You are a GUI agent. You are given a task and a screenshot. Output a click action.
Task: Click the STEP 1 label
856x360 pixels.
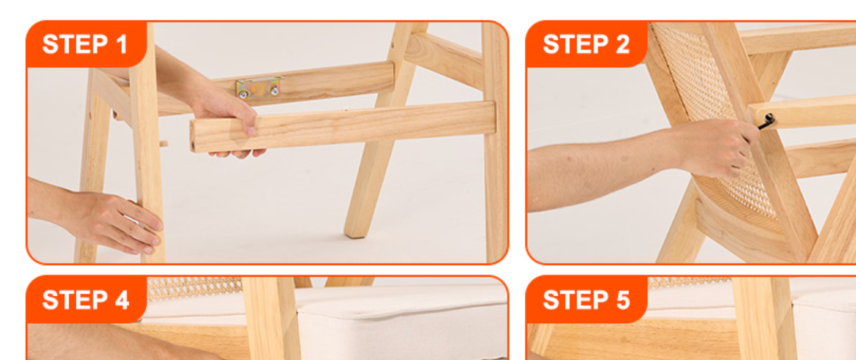pos(85,44)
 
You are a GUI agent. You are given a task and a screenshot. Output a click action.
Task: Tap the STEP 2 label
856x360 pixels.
pos(586,44)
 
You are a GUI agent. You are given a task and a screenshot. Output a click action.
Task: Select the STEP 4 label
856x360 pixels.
pos(86,299)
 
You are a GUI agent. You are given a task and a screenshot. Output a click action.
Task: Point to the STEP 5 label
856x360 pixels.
pos(586,299)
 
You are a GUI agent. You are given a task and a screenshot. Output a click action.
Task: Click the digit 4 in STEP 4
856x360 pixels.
pos(122,299)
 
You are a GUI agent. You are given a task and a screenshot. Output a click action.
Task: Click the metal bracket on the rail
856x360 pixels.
pos(259,88)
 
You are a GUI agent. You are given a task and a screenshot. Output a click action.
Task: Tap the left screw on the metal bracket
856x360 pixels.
pos(243,94)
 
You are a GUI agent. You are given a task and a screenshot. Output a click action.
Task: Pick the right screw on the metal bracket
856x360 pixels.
pos(274,91)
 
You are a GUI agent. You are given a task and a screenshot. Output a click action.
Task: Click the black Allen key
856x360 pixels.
pos(767,121)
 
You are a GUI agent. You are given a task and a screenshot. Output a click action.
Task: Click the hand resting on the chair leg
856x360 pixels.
pos(115,222)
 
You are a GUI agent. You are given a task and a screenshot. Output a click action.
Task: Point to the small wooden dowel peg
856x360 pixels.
pos(163,144)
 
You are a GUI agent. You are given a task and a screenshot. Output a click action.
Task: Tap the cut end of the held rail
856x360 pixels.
pos(193,136)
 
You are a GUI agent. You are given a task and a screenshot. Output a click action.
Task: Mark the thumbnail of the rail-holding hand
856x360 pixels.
pos(250,131)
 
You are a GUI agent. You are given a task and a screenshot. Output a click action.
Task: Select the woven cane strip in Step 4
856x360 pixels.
pos(194,289)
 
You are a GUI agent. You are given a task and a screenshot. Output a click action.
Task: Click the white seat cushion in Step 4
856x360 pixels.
pos(401,325)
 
